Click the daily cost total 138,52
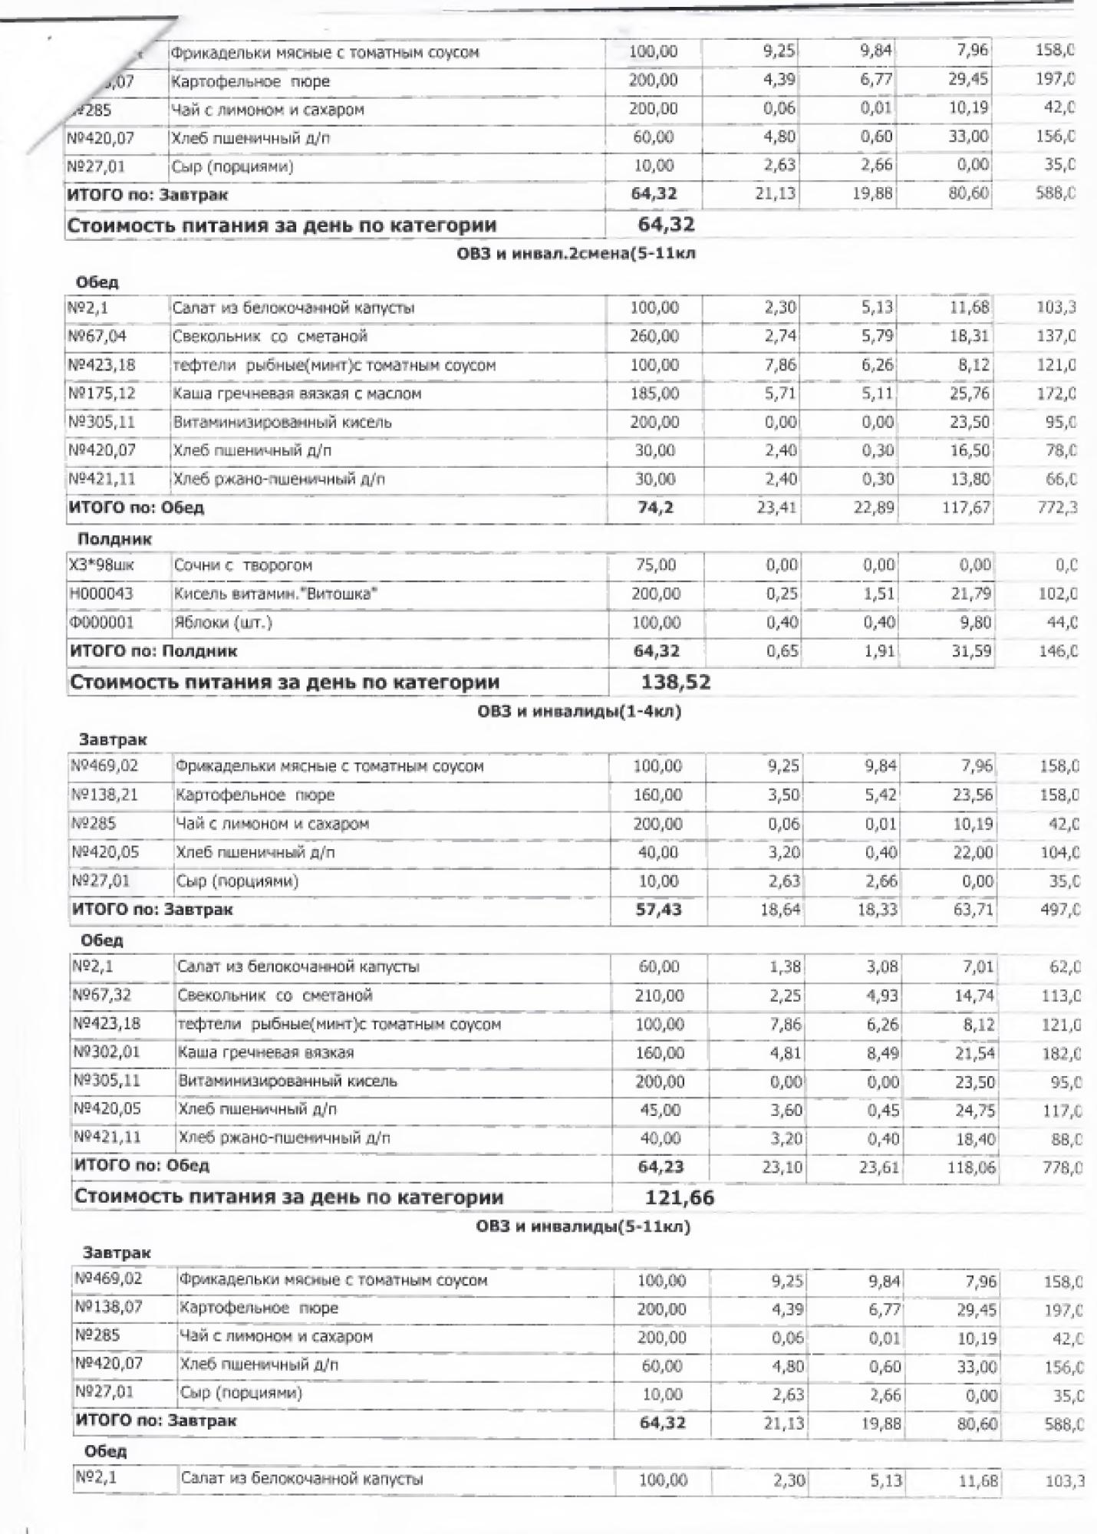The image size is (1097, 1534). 675,682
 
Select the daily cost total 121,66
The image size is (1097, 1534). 680,1197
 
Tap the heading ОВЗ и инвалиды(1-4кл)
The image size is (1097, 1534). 579,711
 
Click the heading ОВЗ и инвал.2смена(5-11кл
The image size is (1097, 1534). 576,253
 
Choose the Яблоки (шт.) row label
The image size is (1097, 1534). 222,623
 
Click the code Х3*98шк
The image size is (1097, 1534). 101,565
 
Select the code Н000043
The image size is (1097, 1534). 101,594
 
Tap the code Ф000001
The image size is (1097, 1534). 101,623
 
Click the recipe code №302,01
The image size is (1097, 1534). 107,1052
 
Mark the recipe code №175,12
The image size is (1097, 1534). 102,393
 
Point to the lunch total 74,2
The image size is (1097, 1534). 655,508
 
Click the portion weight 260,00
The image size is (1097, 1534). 654,336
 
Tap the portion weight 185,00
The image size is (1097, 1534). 654,393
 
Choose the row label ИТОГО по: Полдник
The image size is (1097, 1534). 153,651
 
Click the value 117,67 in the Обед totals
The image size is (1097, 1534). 967,508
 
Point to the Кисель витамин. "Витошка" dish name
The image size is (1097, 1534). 275,594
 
